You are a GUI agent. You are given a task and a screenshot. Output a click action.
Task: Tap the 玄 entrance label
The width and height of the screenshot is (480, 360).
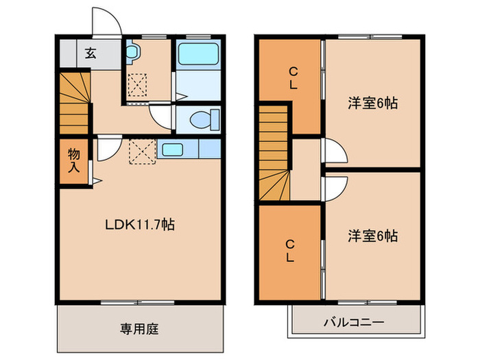91,54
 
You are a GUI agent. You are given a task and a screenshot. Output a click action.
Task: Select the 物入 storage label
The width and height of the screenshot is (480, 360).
73,160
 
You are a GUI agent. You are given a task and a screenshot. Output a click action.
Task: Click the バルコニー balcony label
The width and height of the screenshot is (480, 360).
352,322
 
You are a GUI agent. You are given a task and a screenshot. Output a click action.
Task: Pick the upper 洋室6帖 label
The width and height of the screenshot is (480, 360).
372,104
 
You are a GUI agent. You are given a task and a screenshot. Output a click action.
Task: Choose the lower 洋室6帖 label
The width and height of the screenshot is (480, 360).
372,237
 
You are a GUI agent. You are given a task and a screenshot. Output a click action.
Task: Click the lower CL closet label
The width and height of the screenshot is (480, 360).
290,251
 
